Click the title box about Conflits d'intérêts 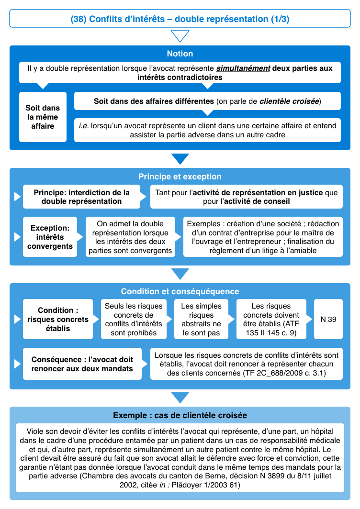point(180,19)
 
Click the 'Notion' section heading point(180,54)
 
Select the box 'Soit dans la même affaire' point(43,117)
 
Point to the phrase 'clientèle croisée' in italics point(289,101)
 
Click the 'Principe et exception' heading point(180,177)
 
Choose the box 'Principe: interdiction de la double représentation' point(82,197)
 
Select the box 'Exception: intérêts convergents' point(50,237)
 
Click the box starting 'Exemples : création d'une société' point(263,237)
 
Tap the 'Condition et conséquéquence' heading point(180,291)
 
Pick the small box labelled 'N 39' point(328,319)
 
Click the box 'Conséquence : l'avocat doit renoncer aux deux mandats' point(82,364)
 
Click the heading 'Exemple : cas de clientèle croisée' point(180,415)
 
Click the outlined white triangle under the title point(180,36)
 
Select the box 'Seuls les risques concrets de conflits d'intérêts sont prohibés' point(134,319)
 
